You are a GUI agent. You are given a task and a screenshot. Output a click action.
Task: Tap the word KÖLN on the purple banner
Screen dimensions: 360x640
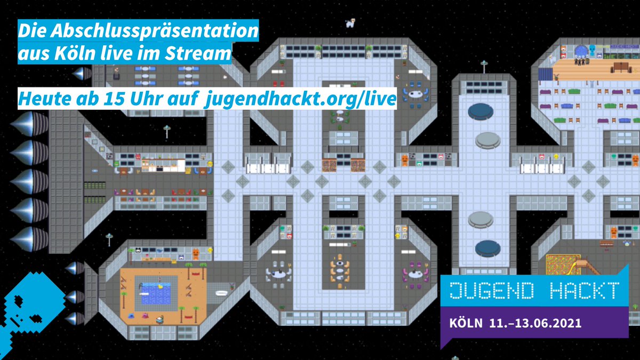(466, 323)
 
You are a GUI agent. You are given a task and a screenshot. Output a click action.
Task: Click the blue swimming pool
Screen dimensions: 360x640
(156, 293)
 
